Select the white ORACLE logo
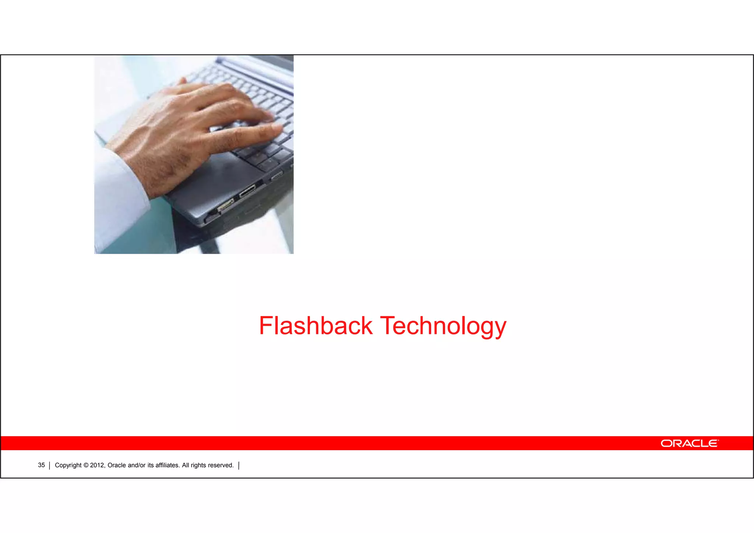click(689, 443)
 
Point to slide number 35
click(41, 465)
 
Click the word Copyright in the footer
click(68, 465)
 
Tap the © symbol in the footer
click(86, 465)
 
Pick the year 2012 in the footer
click(98, 465)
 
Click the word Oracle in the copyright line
click(117, 465)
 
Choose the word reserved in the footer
click(221, 465)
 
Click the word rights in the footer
click(199, 465)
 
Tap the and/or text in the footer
click(137, 465)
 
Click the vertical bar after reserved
click(239, 466)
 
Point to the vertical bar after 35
click(49, 466)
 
